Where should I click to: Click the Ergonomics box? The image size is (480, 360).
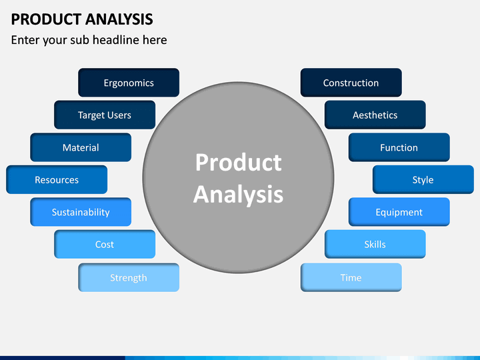[129, 83]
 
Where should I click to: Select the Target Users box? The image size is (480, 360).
[105, 115]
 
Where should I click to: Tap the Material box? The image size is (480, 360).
[81, 147]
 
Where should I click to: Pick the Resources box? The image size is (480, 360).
[57, 180]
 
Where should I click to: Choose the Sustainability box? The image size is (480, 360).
[81, 212]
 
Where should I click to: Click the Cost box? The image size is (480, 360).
[105, 244]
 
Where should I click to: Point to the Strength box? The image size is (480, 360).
[129, 277]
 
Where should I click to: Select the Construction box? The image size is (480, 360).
[351, 83]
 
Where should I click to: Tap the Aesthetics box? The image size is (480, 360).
[375, 115]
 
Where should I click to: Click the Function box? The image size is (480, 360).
[399, 147]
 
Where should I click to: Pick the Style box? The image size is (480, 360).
[423, 180]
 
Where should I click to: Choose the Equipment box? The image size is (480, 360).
[399, 212]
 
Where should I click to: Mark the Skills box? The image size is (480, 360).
[375, 244]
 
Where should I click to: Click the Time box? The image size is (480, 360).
[351, 277]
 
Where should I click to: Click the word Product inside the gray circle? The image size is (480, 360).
[239, 162]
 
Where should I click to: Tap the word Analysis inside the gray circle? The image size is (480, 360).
[238, 195]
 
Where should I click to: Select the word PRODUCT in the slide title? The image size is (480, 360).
[46, 19]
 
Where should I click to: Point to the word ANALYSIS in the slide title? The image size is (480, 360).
[119, 19]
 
